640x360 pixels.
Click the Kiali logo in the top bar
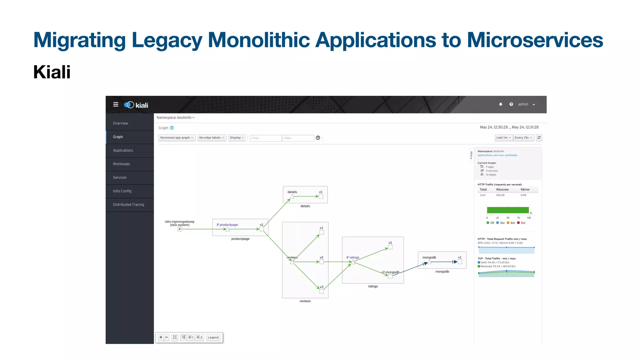[x=136, y=105]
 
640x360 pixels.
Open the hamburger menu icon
[x=116, y=104]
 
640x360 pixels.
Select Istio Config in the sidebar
[x=122, y=191]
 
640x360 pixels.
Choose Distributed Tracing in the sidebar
[x=128, y=205]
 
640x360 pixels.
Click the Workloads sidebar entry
[x=121, y=164]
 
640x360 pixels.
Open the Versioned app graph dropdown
[x=177, y=138]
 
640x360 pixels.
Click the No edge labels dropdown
[x=212, y=138]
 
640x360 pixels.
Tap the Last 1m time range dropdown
[x=503, y=138]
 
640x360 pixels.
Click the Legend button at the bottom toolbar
[x=213, y=337]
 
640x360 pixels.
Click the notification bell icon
[x=501, y=104]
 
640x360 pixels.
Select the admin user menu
[x=526, y=104]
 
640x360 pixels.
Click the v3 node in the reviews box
[x=322, y=291]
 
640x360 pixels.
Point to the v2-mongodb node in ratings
[x=390, y=277]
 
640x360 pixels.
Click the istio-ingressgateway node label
[x=179, y=223]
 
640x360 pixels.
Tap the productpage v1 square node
[x=262, y=229]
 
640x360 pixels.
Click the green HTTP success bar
[x=507, y=210]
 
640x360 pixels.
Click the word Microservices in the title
[x=535, y=40]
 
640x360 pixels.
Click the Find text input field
[x=266, y=138]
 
